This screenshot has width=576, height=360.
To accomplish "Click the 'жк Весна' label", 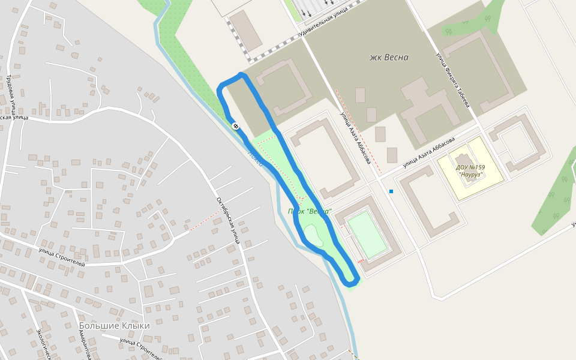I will (389, 58).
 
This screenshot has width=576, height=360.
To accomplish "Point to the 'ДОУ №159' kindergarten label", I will (470, 167).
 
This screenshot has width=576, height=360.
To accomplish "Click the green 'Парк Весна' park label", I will (310, 211).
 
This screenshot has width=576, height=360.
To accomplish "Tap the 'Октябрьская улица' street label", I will (229, 220).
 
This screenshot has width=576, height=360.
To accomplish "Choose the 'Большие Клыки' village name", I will (114, 325).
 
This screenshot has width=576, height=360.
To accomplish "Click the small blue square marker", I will (391, 191).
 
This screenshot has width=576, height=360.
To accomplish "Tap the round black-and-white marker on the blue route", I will (236, 126).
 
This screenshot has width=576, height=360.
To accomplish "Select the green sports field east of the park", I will (367, 234).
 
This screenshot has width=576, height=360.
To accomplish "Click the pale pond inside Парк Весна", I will (314, 235).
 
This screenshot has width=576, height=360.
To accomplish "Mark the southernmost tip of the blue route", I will (350, 283).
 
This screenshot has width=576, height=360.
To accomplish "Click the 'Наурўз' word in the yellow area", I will (471, 175).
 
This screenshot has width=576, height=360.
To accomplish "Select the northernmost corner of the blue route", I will (241, 75).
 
